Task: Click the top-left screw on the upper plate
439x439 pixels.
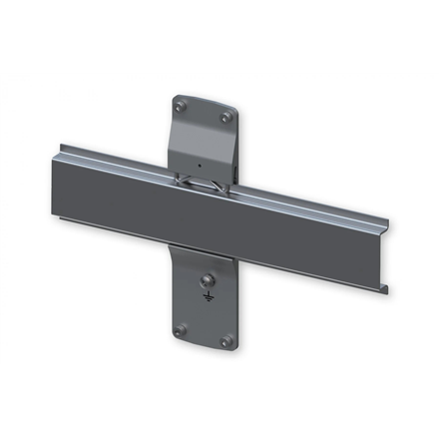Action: point(180,103)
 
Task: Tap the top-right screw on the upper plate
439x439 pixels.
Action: point(225,118)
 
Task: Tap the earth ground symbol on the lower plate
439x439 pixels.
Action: point(207,296)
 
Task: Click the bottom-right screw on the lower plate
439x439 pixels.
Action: point(228,341)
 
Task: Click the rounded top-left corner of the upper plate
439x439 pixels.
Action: point(173,97)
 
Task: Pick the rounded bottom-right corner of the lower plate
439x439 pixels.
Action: point(234,348)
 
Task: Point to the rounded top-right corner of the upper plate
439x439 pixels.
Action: point(233,113)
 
